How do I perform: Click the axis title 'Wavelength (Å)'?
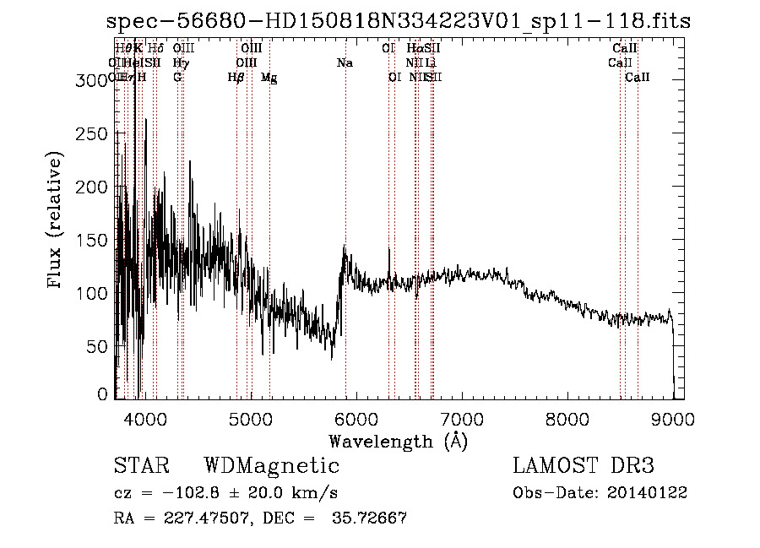398,441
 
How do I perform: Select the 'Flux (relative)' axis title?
57,221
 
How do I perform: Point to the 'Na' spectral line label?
345,63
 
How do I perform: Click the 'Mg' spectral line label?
269,78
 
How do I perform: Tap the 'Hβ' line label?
236,78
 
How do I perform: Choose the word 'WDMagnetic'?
271,466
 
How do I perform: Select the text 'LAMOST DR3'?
584,466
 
